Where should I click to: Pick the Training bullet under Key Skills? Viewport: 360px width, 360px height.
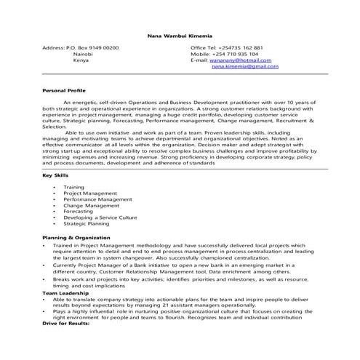tap(73, 187)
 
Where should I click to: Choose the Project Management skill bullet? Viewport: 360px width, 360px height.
tap(90, 193)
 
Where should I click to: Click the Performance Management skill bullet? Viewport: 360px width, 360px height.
tap(97, 199)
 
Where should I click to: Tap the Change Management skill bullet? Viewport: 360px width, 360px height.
tap(91, 206)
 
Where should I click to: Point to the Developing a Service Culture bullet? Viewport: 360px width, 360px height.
tap(100, 218)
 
